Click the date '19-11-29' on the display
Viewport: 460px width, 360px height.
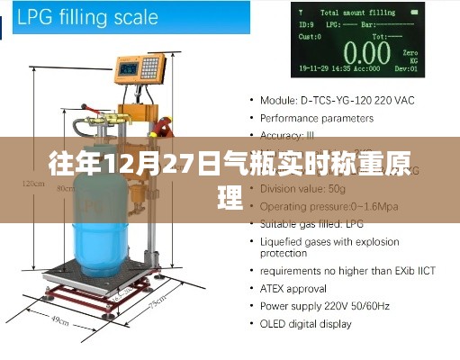point(314,67)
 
